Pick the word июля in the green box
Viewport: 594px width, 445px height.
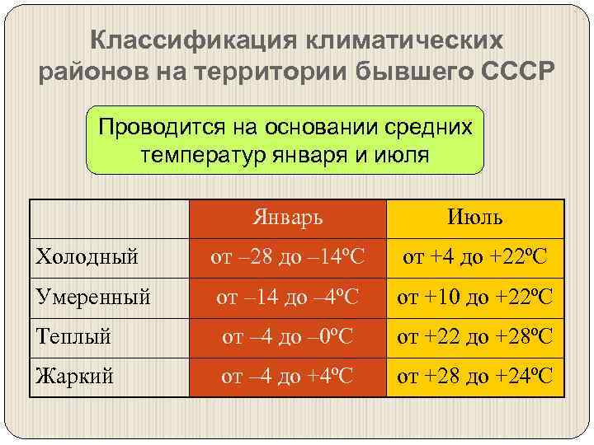pyautogui.click(x=398, y=155)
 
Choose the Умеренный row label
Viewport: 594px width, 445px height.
pyautogui.click(x=93, y=297)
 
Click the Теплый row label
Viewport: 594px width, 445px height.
pyautogui.click(x=73, y=336)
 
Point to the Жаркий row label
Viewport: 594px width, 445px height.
pyautogui.click(x=75, y=377)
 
